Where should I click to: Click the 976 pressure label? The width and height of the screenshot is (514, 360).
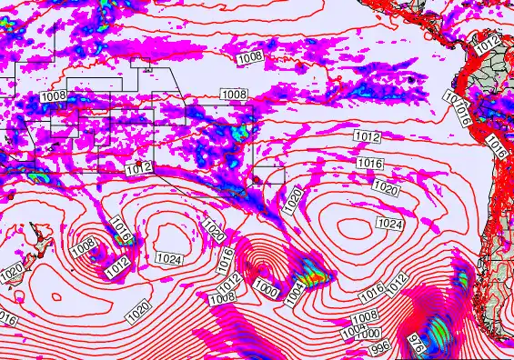tap(417, 345)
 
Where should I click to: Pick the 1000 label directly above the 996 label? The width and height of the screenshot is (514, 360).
tap(367, 334)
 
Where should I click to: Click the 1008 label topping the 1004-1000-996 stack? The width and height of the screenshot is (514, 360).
tap(365, 316)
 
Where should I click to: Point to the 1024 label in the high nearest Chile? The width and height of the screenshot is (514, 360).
tap(388, 224)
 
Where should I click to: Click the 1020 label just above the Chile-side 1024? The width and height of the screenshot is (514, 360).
tap(386, 189)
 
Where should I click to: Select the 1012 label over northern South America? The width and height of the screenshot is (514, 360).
tap(488, 43)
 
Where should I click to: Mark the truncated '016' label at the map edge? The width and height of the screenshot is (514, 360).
tap(6, 319)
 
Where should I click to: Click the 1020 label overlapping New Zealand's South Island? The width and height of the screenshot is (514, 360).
tap(12, 272)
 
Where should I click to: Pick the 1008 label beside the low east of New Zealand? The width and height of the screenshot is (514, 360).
tap(83, 245)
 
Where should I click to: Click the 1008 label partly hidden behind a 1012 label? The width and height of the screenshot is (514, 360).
tap(224, 299)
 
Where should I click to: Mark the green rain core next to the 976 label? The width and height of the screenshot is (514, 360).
tap(438, 329)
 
